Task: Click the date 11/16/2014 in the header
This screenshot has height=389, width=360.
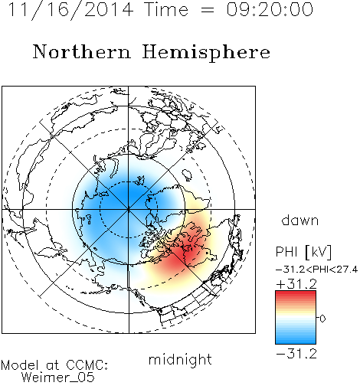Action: [x=71, y=10]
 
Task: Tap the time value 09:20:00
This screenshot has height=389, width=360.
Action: [x=270, y=10]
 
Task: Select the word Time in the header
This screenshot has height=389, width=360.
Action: [x=166, y=10]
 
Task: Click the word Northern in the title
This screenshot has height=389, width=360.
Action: [x=82, y=51]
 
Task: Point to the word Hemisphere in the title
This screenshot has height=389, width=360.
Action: [x=206, y=53]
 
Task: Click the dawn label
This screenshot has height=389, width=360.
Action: [x=300, y=220]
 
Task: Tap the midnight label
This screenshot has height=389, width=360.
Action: [x=180, y=359]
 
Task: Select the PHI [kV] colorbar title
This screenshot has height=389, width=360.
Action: [x=303, y=252]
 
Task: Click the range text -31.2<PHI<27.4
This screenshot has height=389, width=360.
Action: [x=316, y=270]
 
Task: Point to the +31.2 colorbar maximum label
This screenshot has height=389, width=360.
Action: [x=296, y=284]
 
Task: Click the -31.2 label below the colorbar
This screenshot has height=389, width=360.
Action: [x=296, y=354]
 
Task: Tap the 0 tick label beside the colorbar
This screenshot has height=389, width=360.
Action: [x=322, y=319]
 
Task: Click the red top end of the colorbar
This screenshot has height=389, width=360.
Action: [x=296, y=293]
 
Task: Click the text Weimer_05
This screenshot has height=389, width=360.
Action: [x=58, y=378]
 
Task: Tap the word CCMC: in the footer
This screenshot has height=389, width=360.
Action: [x=87, y=365]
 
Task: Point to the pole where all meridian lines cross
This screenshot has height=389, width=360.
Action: [x=128, y=209]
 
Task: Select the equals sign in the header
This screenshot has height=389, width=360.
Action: [x=208, y=10]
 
